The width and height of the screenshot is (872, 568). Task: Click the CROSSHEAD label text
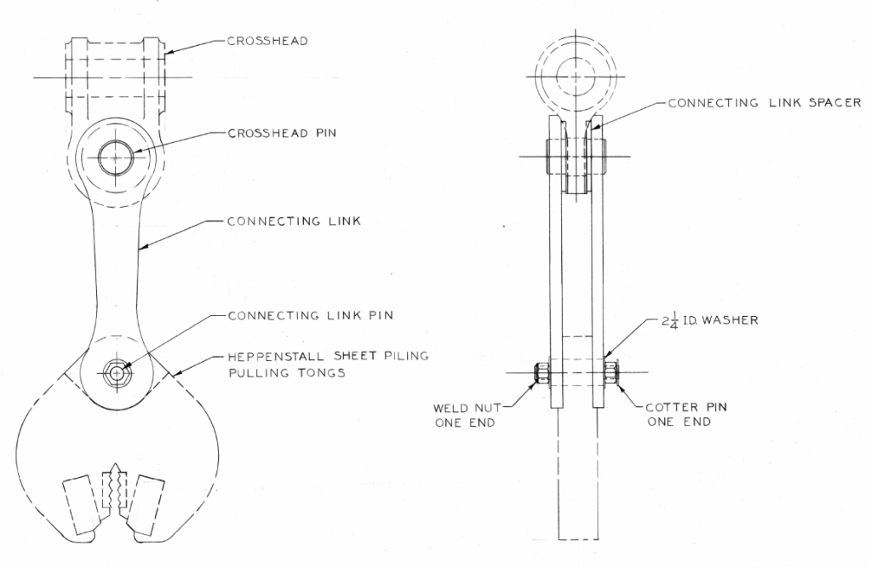coord(267,41)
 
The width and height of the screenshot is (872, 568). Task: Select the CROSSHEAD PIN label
coord(282,134)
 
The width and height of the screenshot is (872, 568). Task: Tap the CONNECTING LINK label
coord(294,221)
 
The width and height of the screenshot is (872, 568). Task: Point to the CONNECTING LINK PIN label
coord(310,315)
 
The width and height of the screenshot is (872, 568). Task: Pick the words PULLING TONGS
coord(287,373)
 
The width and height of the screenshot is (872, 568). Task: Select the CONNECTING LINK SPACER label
coord(765,103)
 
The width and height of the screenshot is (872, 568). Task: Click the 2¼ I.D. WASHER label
coord(709,321)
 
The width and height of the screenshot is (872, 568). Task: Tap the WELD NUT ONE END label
coord(467,415)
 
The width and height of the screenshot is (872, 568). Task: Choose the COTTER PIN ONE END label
coord(686,415)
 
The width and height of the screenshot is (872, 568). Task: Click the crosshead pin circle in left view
coord(116,158)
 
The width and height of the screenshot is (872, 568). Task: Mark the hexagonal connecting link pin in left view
coord(116,372)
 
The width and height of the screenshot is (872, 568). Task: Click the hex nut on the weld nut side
coord(541,373)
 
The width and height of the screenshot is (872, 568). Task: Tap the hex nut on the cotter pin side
coord(611,372)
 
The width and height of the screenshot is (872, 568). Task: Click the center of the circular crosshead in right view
coord(576,76)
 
